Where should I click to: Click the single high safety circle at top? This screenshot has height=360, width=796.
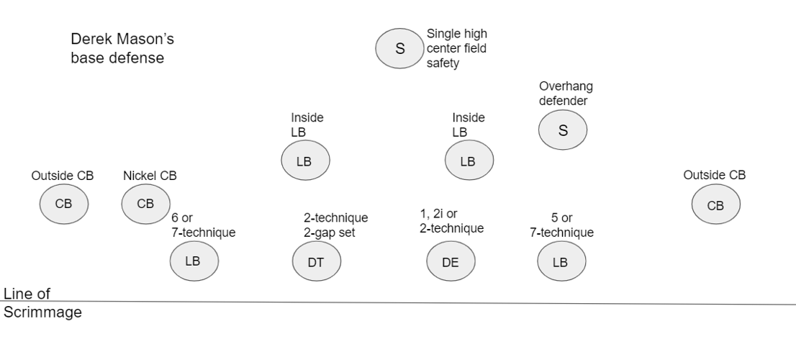(399, 48)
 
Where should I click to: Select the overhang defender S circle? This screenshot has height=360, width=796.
(563, 130)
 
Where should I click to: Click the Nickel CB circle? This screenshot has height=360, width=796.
(145, 204)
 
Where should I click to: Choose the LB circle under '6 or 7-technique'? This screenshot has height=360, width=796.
(194, 261)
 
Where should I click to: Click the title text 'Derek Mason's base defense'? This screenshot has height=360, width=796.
(122, 48)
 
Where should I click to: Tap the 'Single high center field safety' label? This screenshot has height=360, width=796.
(457, 48)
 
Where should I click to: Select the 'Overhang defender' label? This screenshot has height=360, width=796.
(566, 94)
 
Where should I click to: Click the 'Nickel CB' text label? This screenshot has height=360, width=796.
(150, 176)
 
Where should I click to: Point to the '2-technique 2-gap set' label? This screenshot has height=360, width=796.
(336, 225)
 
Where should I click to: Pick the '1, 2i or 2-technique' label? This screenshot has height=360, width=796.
(452, 221)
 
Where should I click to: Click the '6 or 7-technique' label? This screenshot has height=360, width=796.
(204, 225)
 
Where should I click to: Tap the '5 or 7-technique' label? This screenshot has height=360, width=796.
(562, 225)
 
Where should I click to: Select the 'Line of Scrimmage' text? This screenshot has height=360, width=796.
(42, 302)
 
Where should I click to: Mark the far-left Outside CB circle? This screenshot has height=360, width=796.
(64, 204)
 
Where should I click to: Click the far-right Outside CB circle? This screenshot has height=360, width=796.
(716, 204)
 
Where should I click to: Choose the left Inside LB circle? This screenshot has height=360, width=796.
(306, 160)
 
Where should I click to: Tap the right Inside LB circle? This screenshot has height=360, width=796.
(469, 160)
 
